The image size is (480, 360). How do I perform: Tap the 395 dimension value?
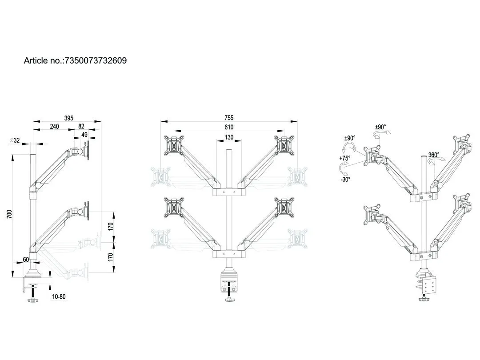[68, 118]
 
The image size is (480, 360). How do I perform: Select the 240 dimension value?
[54, 127]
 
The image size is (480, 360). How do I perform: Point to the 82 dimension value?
[81, 127]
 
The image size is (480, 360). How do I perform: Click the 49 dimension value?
[84, 135]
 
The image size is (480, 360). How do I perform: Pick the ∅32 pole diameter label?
[15, 140]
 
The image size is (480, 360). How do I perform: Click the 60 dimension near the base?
[26, 259]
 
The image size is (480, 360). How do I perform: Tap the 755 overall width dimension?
[229, 118]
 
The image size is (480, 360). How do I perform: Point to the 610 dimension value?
[229, 128]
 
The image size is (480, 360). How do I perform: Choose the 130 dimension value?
[229, 137]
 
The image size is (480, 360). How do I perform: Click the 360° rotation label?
[434, 155]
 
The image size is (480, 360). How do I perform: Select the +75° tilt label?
[345, 158]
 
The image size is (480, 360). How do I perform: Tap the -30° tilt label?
[345, 179]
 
